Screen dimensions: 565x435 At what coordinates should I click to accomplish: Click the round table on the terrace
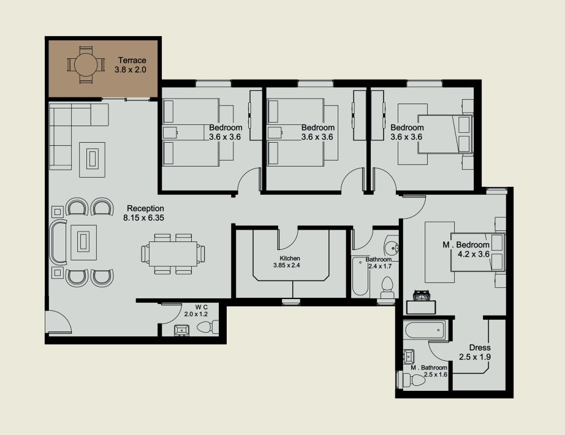click(86, 65)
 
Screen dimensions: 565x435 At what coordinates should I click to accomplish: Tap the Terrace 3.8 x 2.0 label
click(131, 65)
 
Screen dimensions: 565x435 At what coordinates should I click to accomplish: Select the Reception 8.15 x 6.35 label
click(144, 213)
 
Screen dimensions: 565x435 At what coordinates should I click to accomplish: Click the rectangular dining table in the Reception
click(173, 254)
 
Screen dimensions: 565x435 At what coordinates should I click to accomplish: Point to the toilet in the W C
click(207, 327)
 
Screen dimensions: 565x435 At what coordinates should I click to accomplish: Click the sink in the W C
click(181, 330)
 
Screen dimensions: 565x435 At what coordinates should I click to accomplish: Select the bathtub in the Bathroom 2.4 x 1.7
click(360, 276)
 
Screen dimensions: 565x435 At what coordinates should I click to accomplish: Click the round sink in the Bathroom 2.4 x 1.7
click(391, 248)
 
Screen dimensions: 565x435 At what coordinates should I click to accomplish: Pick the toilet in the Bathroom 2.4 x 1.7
click(387, 287)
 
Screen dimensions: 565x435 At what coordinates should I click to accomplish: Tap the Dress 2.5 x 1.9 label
click(475, 352)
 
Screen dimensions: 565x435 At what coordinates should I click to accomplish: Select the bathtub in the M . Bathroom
click(424, 330)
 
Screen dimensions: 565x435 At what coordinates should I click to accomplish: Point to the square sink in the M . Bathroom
click(409, 357)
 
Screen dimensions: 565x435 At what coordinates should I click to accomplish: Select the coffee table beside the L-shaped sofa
click(93, 160)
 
